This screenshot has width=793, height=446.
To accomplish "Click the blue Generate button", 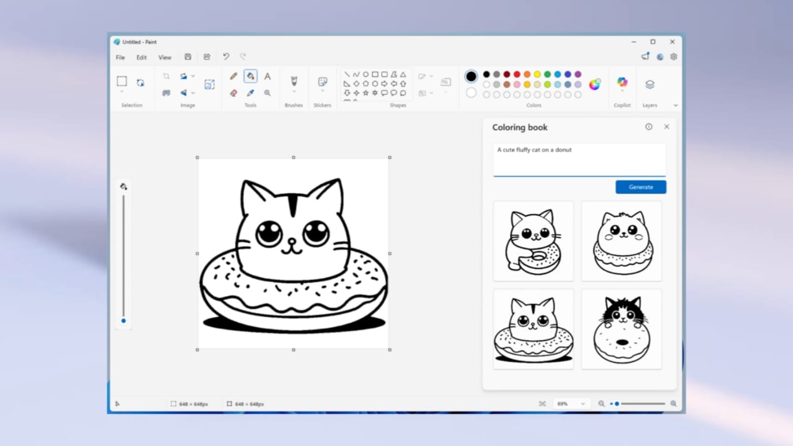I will point(641,187).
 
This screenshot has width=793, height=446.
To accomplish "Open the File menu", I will point(120,58).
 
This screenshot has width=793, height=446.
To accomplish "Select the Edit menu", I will point(142,58).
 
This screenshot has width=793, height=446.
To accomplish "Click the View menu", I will point(165,58).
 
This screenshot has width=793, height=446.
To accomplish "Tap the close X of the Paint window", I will point(672,42).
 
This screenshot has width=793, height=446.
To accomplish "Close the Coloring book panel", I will point(667,127).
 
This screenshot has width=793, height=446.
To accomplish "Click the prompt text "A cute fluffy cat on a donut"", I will point(534,150).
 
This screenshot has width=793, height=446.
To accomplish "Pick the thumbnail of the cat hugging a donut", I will point(533,241).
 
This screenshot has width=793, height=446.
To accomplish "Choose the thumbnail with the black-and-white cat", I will point(621,329).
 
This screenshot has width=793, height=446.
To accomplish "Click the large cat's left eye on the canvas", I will point(269,234).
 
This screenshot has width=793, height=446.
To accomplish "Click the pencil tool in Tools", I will point(234,76).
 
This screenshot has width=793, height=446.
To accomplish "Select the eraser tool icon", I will point(234,93).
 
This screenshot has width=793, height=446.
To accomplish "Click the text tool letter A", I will point(268,76).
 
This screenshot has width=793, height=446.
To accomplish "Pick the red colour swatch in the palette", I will point(517,74).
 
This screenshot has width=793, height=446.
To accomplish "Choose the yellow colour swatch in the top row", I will point(537,74).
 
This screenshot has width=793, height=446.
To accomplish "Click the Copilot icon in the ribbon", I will point(622,82).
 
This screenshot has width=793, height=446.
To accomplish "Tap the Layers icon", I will point(649,84).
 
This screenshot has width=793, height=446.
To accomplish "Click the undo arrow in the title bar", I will point(226,57).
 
